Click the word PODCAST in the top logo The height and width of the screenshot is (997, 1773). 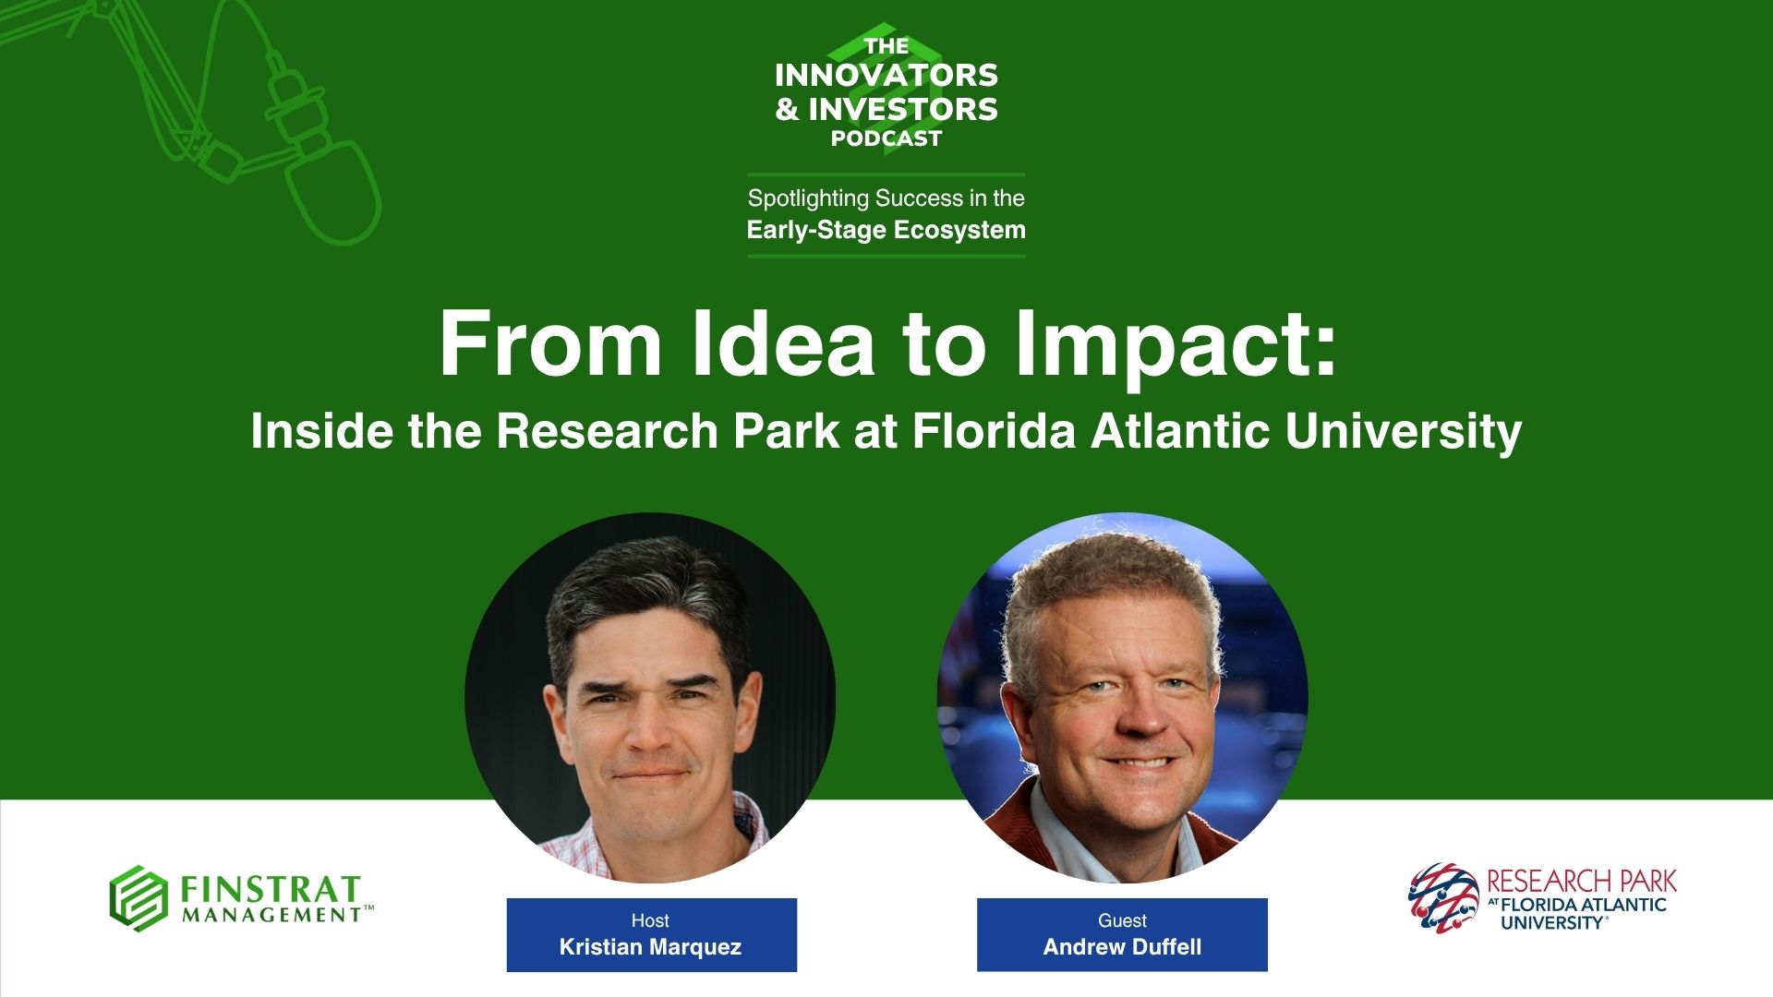coord(886,138)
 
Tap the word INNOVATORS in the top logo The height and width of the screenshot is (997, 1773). coord(886,75)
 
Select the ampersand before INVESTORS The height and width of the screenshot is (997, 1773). coord(787,110)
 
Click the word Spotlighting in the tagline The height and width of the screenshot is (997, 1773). coord(808,198)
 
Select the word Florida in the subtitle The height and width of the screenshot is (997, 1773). coord(994,431)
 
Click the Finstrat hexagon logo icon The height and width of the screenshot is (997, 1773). coord(139,898)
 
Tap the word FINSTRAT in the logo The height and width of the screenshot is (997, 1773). coord(270,889)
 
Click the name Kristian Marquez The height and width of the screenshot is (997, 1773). coord(650,947)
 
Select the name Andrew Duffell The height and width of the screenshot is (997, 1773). coord(1122,947)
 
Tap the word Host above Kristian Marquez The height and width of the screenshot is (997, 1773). coord(650,920)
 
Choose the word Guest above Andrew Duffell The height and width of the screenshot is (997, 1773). coord(1122,920)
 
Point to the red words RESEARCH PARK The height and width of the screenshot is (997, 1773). coord(1582,881)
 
